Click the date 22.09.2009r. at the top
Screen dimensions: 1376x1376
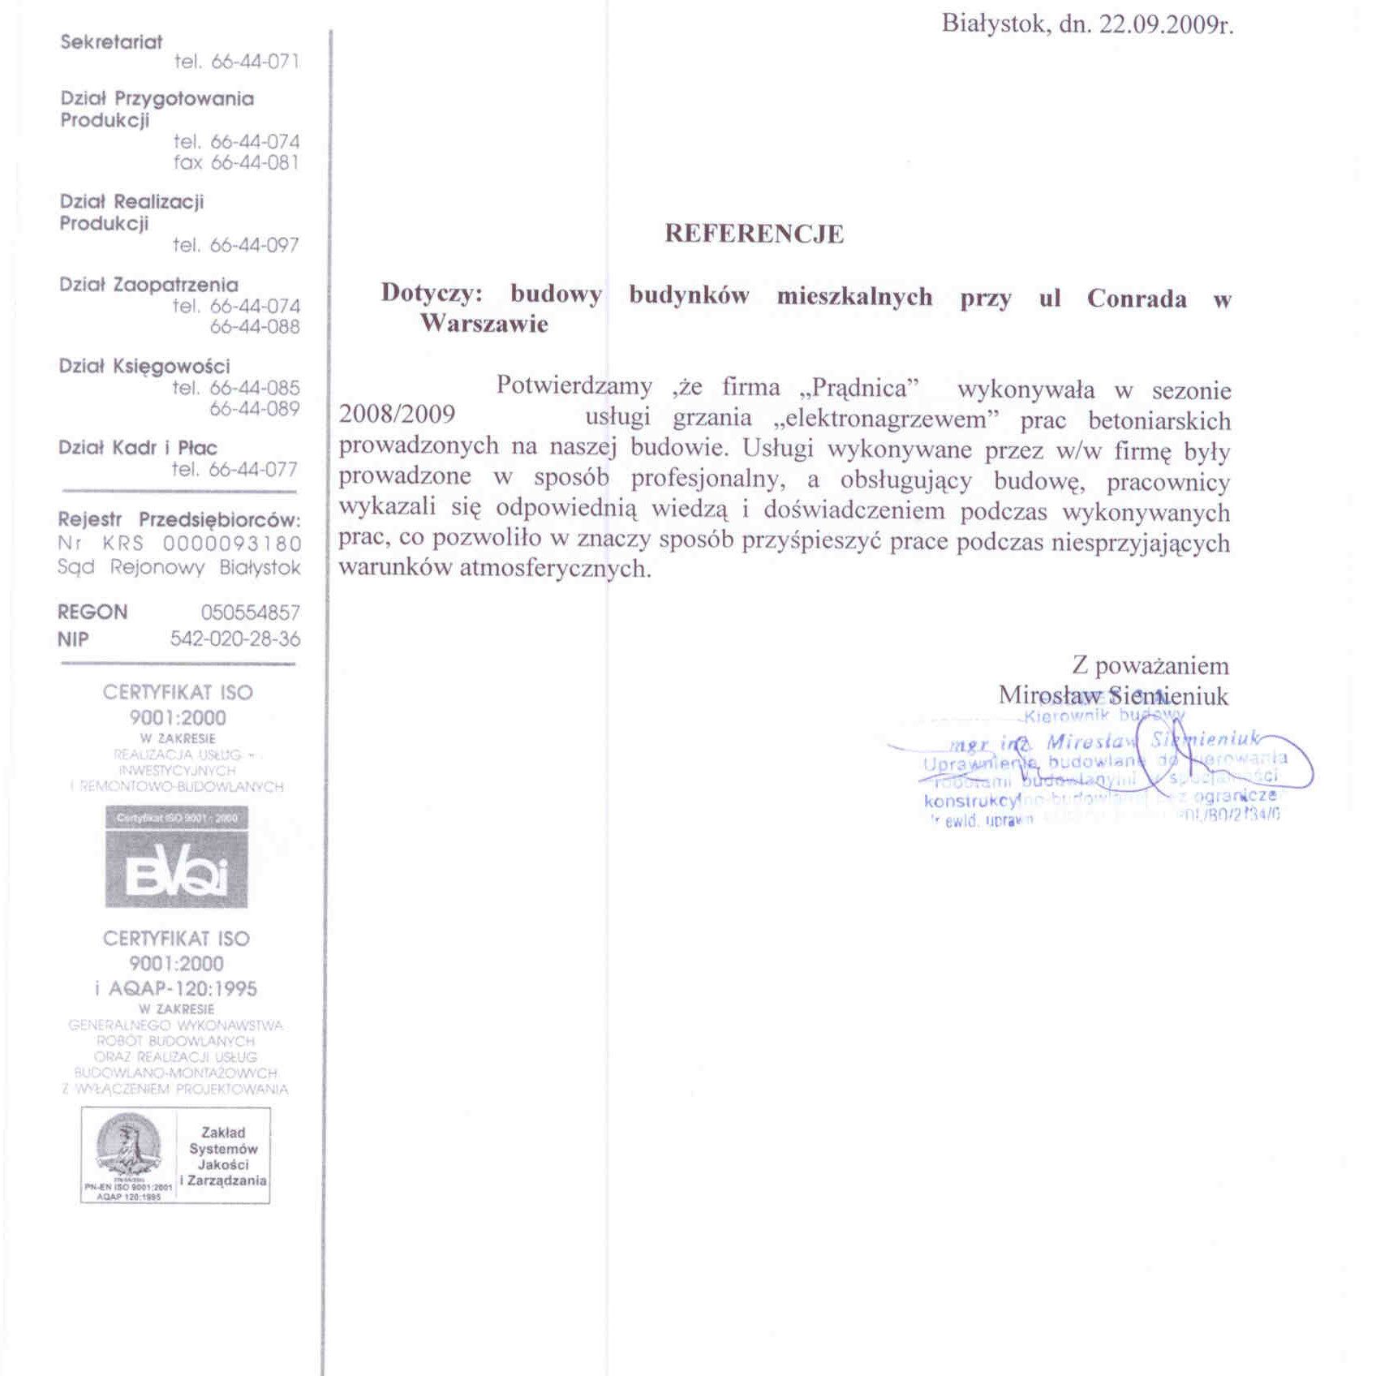point(1166,25)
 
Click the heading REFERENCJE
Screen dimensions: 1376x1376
point(754,234)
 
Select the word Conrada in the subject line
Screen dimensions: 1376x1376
point(1137,299)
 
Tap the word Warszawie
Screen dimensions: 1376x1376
point(484,324)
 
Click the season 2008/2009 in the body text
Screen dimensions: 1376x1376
point(397,415)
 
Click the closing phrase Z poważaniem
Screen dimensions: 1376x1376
point(1150,666)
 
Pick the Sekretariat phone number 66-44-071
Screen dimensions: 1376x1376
point(256,62)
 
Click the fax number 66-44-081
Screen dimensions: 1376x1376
point(256,162)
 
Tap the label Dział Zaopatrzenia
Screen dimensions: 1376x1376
point(148,285)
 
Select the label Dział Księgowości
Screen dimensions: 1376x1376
point(144,366)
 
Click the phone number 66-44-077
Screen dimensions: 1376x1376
point(254,469)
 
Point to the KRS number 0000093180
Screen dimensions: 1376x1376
point(232,543)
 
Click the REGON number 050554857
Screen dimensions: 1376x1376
point(251,613)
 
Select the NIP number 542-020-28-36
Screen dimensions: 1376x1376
point(235,639)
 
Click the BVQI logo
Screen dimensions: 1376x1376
point(176,857)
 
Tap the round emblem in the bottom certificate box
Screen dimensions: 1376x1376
point(128,1145)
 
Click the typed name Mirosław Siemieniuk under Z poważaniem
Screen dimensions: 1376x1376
point(1113,695)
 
